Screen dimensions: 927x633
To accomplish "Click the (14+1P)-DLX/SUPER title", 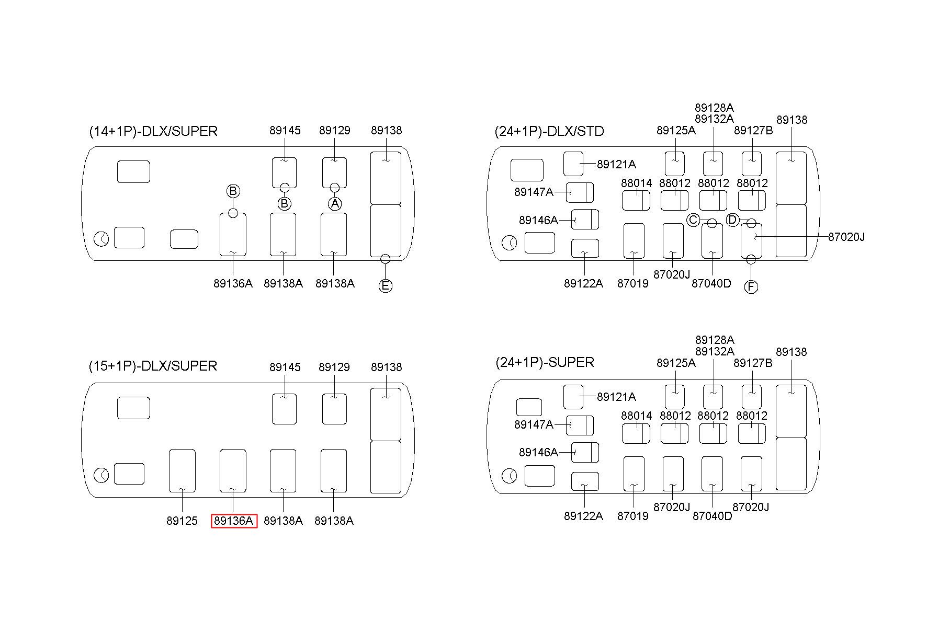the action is pos(153,131).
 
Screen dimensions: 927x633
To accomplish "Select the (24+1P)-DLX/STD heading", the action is pos(549,131).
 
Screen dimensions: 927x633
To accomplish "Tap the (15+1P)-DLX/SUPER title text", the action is pos(153,366).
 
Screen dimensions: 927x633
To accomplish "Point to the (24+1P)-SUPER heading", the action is pos(545,362).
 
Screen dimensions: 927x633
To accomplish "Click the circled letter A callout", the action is pos(335,203).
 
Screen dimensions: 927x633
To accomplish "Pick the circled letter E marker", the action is pos(385,286).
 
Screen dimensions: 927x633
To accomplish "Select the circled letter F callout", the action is pos(751,287).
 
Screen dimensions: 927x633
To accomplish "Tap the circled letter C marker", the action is pos(693,220).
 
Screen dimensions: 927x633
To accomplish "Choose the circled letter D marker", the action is pos(732,220).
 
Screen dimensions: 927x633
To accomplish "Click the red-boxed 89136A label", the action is pos(234,521).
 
